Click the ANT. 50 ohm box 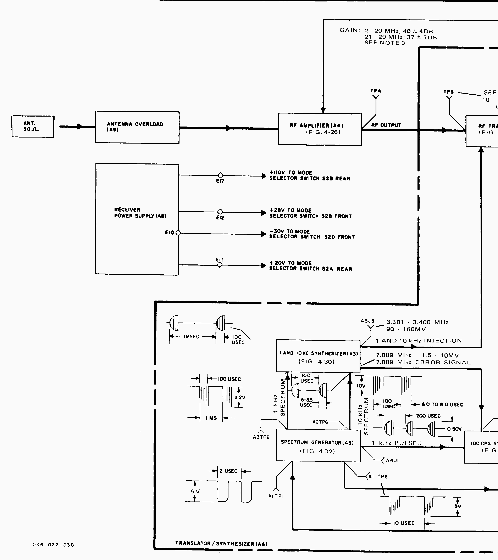(33, 126)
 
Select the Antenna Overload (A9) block (137, 127)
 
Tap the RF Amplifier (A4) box (320, 129)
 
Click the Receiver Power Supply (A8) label (140, 213)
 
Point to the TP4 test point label (376, 91)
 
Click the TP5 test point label (449, 92)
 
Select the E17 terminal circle (220, 175)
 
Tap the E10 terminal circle (178, 233)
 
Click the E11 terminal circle (220, 265)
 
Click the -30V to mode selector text (312, 234)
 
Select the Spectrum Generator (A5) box (318, 446)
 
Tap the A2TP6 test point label (320, 422)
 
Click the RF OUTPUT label (386, 125)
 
